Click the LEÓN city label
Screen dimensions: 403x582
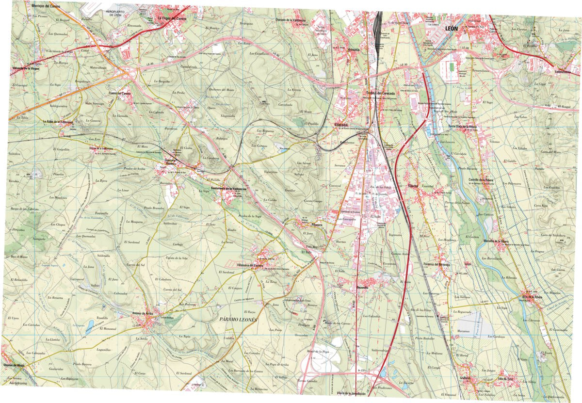pyautogui.click(x=455, y=28)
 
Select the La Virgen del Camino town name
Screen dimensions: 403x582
pyautogui.click(x=172, y=19)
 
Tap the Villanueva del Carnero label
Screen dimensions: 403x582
pyautogui.click(x=263, y=265)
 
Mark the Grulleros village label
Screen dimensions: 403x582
pyautogui.click(x=466, y=378)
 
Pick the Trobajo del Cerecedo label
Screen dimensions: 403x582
pyautogui.click(x=381, y=94)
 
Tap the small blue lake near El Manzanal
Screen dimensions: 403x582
pyautogui.click(x=91, y=323)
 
